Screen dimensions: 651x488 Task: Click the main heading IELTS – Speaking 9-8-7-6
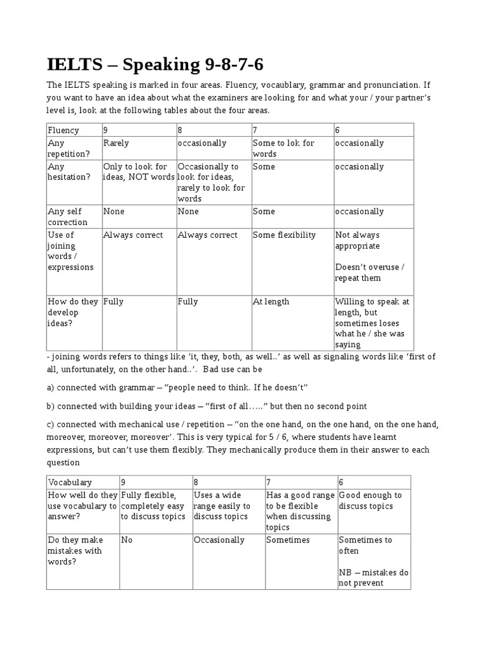[x=155, y=64]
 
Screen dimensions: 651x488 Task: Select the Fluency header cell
[x=64, y=130]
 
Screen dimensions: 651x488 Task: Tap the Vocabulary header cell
[x=70, y=483]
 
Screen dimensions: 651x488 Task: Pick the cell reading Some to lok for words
[x=283, y=148]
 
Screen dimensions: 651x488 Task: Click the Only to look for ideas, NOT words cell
[x=139, y=172]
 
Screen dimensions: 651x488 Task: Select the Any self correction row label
[x=68, y=217]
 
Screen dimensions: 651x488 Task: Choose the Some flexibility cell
[x=284, y=235]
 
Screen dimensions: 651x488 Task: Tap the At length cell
[x=271, y=301]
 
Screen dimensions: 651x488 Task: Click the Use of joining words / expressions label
[x=71, y=251]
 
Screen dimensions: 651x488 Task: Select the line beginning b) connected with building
[x=207, y=406]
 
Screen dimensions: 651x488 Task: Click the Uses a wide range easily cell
[x=222, y=506]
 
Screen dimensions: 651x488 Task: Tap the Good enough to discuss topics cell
[x=370, y=500]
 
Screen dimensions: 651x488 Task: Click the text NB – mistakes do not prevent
[x=374, y=577]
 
